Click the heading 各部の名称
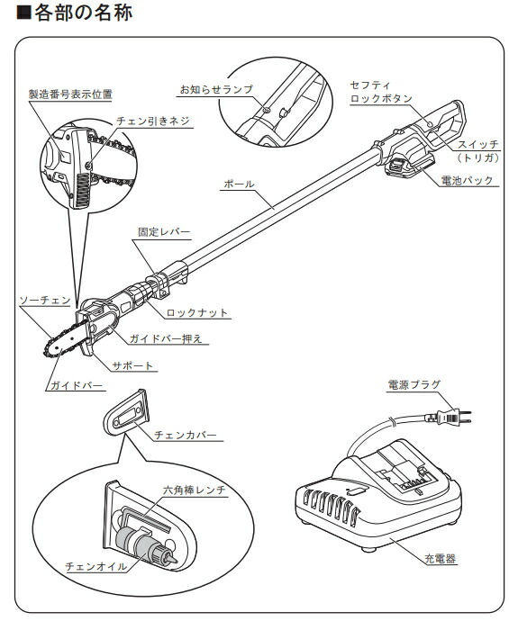83,13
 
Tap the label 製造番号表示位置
70,94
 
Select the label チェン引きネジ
153,121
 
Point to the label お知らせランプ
216,89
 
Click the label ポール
239,184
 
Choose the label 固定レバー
164,232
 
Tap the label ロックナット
197,313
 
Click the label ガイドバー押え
166,339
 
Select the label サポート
132,365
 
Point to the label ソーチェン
45,301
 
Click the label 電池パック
467,181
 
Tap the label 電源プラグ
414,384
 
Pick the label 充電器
440,559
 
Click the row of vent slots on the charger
331,508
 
